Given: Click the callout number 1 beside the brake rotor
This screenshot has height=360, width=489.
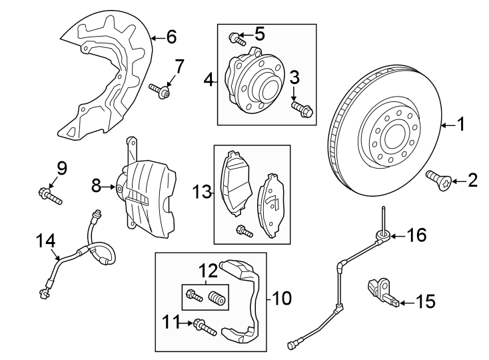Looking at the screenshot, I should [460, 124].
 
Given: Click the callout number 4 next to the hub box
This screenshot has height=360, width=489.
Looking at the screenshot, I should [209, 81].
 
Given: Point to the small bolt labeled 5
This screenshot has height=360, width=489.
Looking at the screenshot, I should [235, 37].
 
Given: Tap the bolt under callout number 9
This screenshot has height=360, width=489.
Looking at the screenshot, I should [50, 195].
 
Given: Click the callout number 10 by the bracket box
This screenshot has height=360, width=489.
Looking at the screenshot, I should [282, 298].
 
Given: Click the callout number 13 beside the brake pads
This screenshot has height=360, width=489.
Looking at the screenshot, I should [203, 193].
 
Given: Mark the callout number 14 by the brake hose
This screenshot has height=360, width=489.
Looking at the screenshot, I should [44, 241].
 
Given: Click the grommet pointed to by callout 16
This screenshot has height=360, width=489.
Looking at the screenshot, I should [384, 235].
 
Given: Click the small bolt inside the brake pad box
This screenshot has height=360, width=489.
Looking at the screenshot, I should [244, 231].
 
